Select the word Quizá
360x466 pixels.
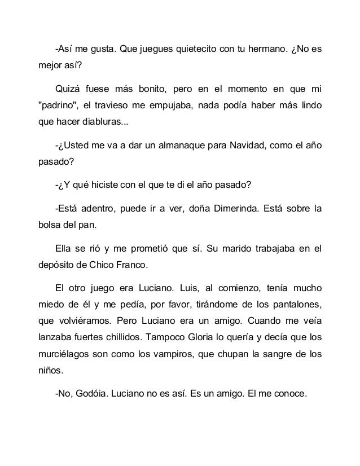(x=67, y=89)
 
